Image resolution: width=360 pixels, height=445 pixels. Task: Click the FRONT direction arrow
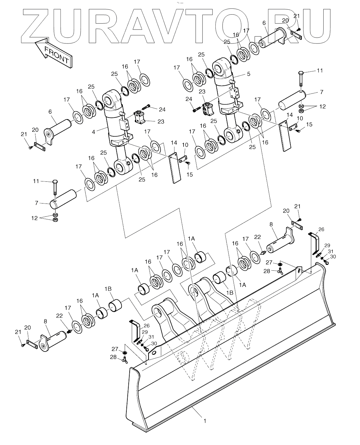point(53,53)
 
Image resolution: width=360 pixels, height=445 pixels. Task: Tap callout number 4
point(94,132)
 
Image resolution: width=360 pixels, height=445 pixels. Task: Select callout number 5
point(248,74)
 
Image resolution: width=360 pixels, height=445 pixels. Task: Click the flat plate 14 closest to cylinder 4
point(175,168)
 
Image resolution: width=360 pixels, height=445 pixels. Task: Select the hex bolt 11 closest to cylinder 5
point(301,79)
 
